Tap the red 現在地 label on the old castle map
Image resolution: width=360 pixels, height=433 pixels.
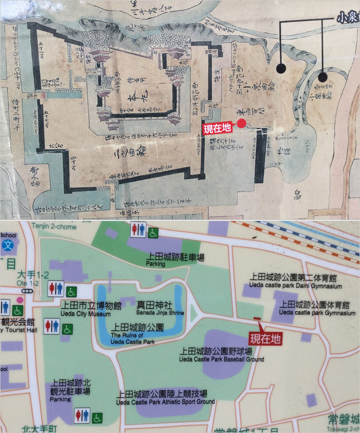[217, 128]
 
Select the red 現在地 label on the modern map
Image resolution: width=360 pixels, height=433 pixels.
[266, 339]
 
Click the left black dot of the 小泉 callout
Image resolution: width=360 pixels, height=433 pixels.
[281, 68]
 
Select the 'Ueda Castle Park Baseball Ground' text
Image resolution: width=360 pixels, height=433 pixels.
[221, 359]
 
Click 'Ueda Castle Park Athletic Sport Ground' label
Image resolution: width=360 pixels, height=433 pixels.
[165, 401]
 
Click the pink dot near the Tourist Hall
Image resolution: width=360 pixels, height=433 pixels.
[20, 300]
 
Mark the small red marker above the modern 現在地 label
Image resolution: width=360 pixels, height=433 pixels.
[256, 318]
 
